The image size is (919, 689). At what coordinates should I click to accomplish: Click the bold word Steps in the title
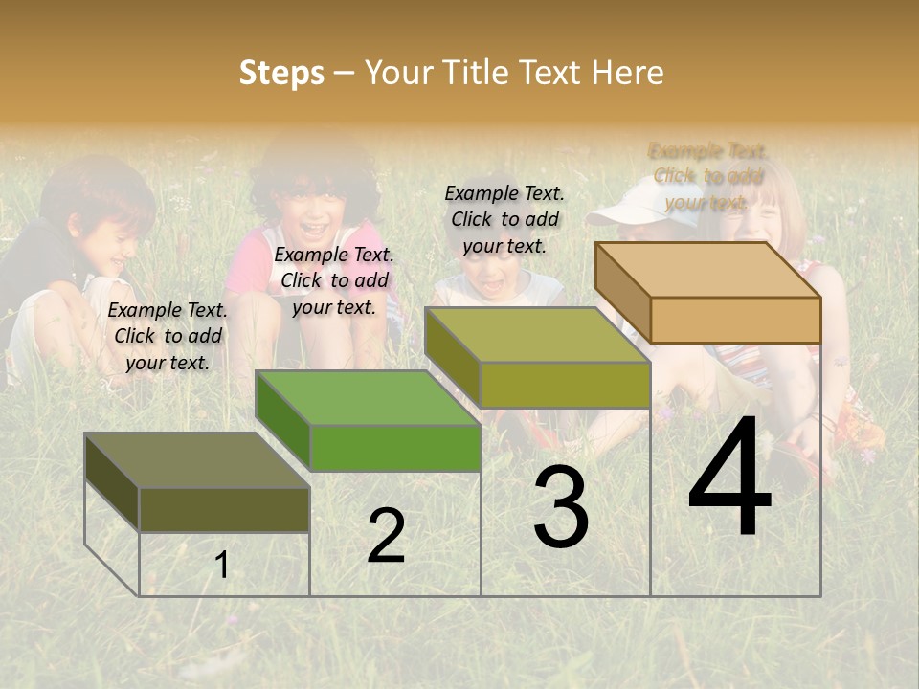[281, 73]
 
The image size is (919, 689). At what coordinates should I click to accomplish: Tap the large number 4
[729, 478]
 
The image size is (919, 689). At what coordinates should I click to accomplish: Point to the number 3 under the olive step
[561, 508]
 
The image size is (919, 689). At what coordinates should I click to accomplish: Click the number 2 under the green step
[386, 536]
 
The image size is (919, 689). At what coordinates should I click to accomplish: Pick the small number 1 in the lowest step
[221, 566]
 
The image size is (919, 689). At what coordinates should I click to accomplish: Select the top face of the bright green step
[368, 397]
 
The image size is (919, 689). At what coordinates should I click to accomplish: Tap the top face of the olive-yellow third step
[537, 335]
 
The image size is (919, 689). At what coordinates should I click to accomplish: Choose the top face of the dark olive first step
[196, 460]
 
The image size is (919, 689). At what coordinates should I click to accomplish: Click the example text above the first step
[168, 336]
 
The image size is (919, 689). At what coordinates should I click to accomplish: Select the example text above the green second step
[334, 280]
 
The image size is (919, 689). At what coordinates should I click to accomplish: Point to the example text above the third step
[504, 219]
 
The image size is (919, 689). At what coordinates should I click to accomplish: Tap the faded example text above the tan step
[708, 176]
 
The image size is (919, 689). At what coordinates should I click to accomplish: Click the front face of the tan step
[735, 320]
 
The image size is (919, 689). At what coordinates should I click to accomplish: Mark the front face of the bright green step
[395, 448]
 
